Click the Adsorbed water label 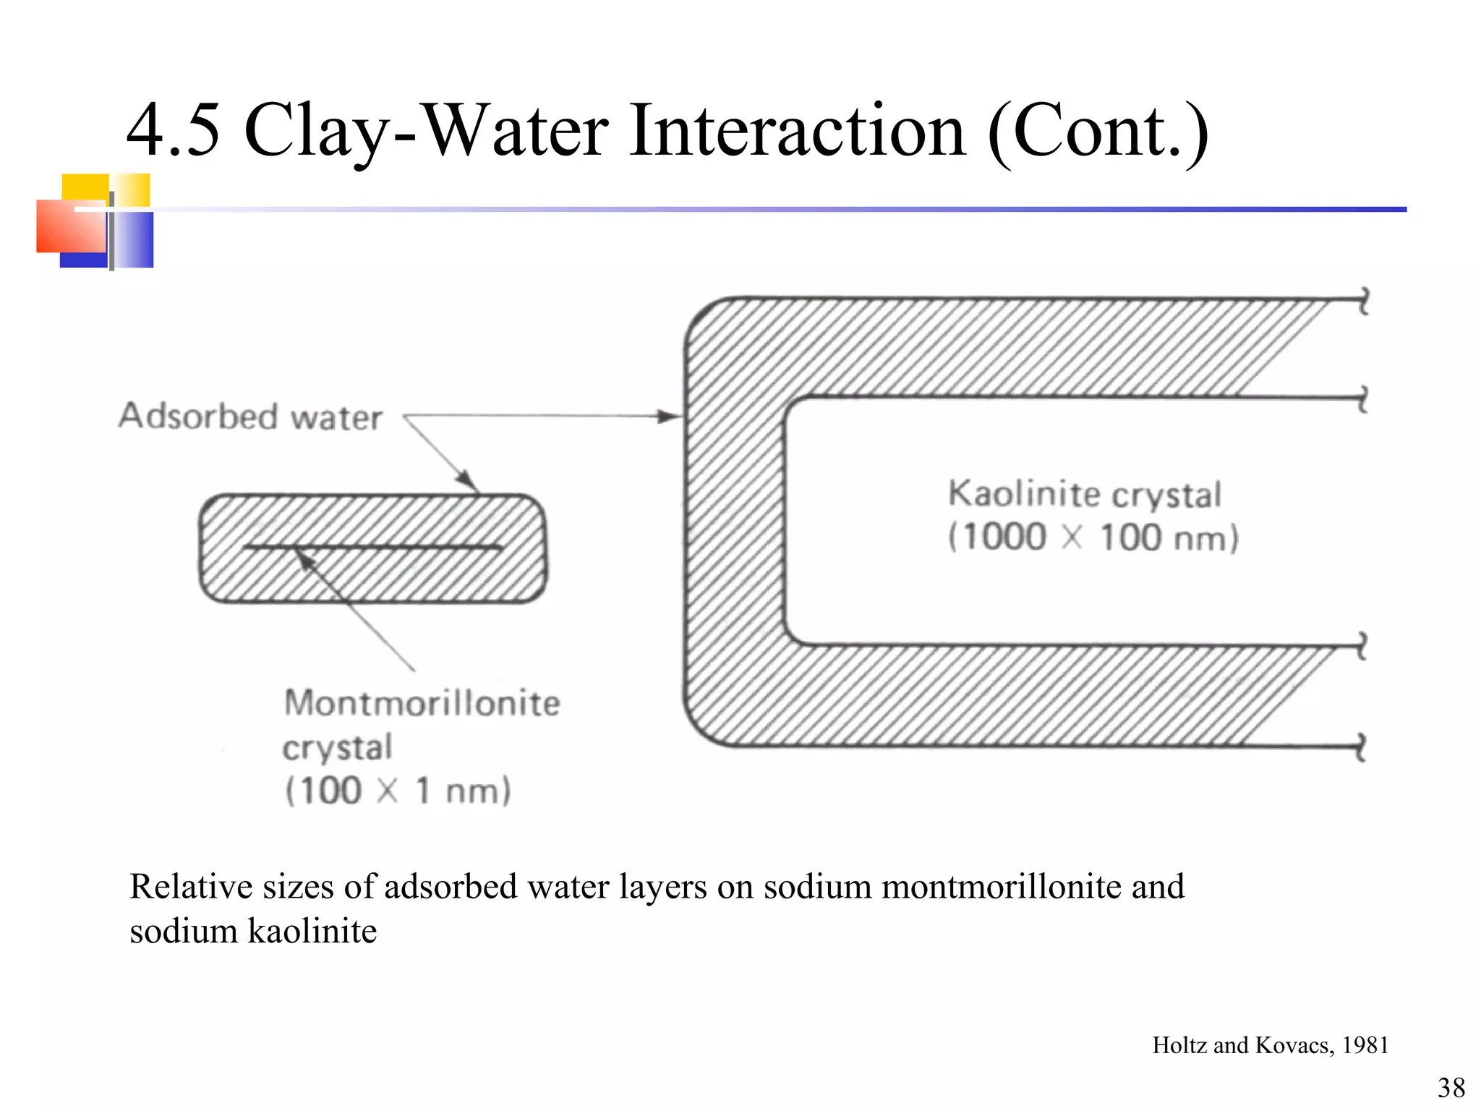point(250,417)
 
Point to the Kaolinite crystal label point(1085,495)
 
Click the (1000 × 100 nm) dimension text point(1093,538)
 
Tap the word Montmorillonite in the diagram point(422,703)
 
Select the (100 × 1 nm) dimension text point(398,790)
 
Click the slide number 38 point(1451,1087)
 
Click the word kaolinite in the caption point(312,931)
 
